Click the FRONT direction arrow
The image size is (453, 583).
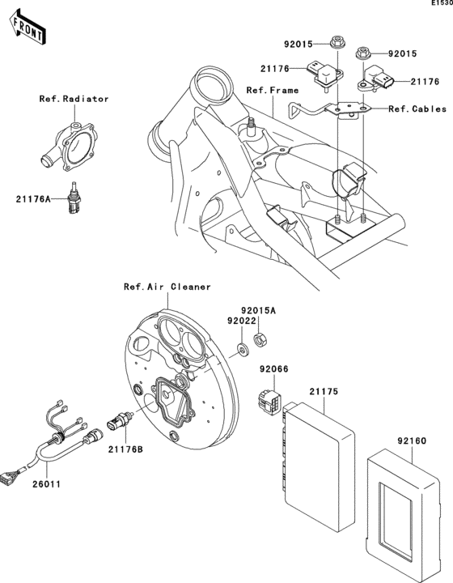[27, 30]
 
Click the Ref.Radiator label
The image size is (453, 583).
[74, 99]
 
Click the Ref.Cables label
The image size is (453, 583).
[417, 108]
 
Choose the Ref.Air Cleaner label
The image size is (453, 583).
[167, 286]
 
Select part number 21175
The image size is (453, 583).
[323, 391]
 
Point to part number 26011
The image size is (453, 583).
[45, 484]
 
